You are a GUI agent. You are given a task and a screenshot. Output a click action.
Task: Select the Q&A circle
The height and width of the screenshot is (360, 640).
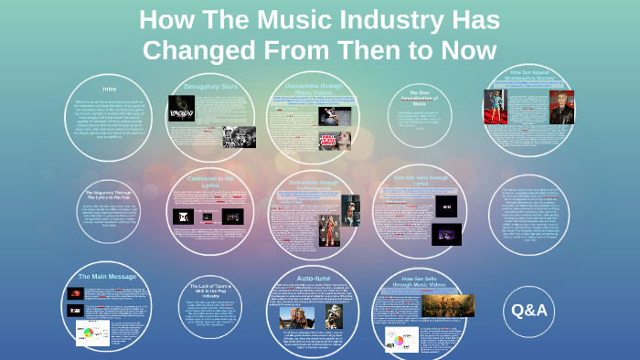tap(529, 311)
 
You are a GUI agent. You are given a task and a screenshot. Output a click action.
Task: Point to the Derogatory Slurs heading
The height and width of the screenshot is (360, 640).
tap(211, 87)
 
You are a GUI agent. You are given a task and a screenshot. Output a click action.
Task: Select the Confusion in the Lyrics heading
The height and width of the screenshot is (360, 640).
tap(212, 181)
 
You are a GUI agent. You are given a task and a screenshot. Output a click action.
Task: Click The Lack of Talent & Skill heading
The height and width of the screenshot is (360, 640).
tap(213, 291)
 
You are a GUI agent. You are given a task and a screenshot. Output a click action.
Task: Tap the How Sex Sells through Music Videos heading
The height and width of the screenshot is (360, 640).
tap(420, 281)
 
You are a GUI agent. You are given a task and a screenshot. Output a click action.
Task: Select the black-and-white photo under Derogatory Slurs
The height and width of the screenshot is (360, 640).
tap(239, 137)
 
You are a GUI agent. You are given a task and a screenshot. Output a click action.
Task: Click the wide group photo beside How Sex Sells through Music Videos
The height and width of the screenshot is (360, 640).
tap(447, 304)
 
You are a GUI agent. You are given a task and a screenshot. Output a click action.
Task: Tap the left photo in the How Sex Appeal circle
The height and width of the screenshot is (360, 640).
tap(495, 106)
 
